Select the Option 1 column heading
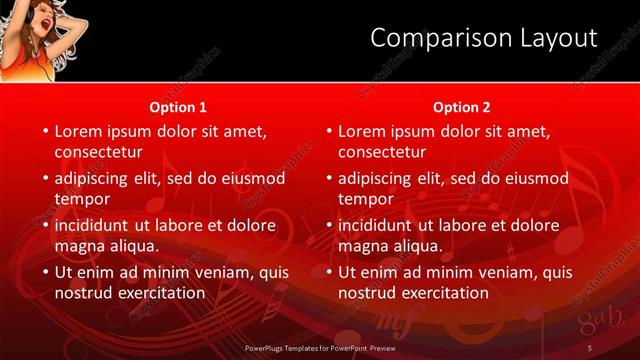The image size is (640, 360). pos(178,106)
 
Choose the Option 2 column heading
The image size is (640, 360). pos(461,106)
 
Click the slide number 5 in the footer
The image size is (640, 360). pos(590,348)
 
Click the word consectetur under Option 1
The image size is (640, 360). pos(98,152)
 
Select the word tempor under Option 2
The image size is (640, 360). pos(366,199)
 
